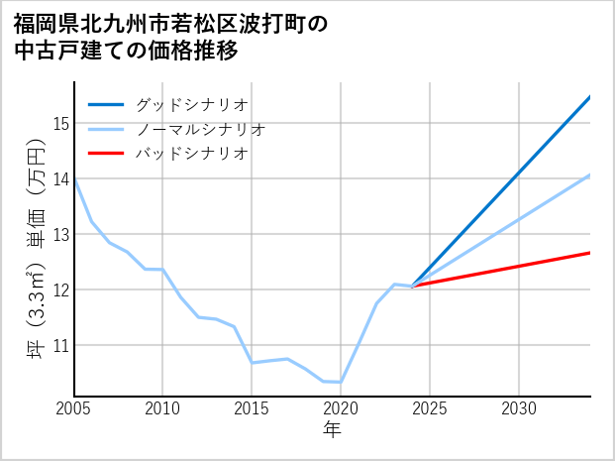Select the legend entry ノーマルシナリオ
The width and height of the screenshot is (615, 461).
click(x=200, y=129)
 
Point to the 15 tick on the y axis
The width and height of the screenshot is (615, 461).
click(x=59, y=124)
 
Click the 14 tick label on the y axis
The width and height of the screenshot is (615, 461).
click(x=59, y=179)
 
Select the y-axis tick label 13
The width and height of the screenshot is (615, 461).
click(x=59, y=235)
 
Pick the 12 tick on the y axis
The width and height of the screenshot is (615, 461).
click(x=59, y=290)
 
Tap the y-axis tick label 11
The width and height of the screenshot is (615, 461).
click(x=59, y=346)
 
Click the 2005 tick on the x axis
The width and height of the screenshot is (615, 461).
click(x=74, y=408)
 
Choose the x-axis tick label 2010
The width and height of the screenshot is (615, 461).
click(x=163, y=408)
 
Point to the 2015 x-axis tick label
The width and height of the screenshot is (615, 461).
click(x=252, y=408)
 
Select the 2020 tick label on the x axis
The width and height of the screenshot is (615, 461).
click(x=341, y=408)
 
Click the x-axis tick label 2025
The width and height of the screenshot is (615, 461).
click(x=430, y=408)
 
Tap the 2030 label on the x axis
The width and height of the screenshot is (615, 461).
click(x=519, y=408)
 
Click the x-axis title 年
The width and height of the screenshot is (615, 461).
click(x=332, y=430)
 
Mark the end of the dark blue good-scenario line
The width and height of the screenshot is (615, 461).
click(x=589, y=97)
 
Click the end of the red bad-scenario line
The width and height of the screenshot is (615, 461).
click(x=589, y=253)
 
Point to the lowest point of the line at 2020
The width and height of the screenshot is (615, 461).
click(x=341, y=382)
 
